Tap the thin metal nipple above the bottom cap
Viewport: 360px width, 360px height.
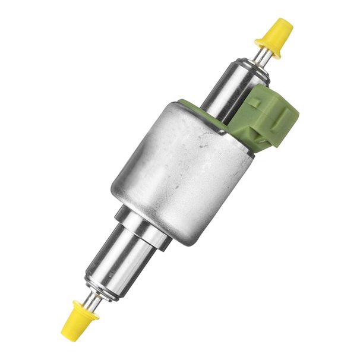(91, 299)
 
